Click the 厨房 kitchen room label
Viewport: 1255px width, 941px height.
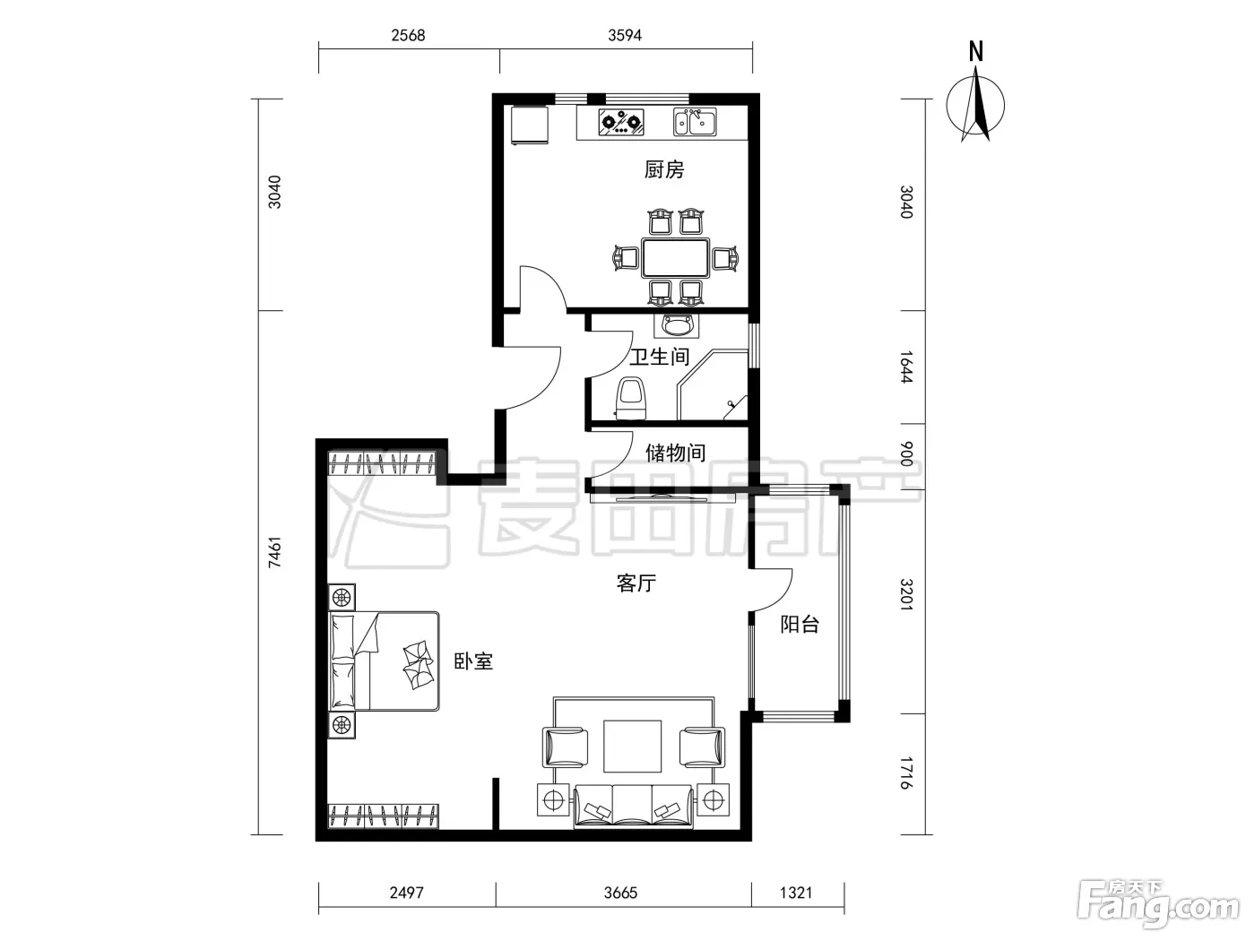point(664,169)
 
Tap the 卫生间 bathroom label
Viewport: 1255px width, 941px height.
point(659,357)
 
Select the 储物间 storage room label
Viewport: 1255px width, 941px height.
point(675,453)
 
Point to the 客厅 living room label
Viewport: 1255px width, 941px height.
point(636,583)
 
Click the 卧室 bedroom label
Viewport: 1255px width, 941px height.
point(473,661)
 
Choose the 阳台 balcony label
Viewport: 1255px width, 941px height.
point(800,625)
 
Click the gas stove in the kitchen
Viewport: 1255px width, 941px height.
point(621,122)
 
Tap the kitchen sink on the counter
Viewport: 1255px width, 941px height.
point(695,122)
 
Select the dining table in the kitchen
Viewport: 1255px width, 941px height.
point(675,258)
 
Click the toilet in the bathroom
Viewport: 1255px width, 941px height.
point(631,398)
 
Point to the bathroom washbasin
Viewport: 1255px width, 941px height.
point(677,325)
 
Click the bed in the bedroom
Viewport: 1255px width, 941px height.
point(384,661)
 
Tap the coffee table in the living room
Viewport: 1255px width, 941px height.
point(633,747)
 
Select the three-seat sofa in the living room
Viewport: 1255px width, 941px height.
point(633,807)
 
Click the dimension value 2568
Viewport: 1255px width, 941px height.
point(408,36)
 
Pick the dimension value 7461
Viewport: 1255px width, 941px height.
point(275,552)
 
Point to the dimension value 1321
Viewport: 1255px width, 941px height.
point(796,893)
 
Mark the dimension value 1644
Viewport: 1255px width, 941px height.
point(907,367)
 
